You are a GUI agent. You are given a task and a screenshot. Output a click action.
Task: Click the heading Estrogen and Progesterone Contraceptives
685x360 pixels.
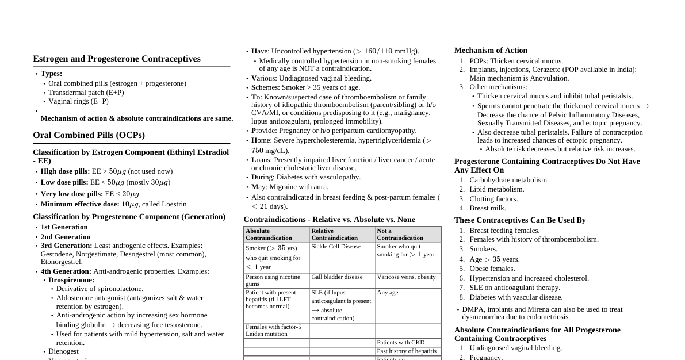tap(117, 59)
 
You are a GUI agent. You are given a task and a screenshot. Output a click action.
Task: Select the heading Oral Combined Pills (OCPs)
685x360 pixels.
tap(89, 135)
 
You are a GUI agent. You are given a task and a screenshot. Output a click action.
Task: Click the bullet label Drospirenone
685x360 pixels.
tap(71, 280)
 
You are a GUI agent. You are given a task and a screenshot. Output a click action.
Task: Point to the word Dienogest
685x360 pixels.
tap(63, 351)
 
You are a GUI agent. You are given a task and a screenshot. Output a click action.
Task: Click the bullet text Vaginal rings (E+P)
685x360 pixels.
tap(78, 101)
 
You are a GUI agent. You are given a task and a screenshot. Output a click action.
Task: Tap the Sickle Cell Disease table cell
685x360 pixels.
tap(336, 247)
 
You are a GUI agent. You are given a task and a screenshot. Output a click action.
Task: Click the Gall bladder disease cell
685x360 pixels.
tap(337, 277)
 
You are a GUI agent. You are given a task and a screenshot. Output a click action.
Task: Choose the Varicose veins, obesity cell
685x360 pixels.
tap(406, 277)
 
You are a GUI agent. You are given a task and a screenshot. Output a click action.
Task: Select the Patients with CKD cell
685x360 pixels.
tap(401, 343)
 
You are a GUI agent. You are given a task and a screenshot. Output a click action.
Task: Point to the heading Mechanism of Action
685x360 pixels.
tap(491, 51)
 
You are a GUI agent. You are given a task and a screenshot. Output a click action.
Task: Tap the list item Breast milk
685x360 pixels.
tap(488, 208)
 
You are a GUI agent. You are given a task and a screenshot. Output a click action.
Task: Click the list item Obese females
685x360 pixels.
tap(492, 269)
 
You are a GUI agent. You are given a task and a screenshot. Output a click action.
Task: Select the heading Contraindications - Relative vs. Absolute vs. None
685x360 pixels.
tap(329, 220)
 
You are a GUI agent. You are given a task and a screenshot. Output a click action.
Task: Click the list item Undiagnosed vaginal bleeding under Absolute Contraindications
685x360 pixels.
tap(515, 348)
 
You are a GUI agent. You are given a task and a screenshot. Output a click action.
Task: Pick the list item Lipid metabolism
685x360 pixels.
tap(496, 189)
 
